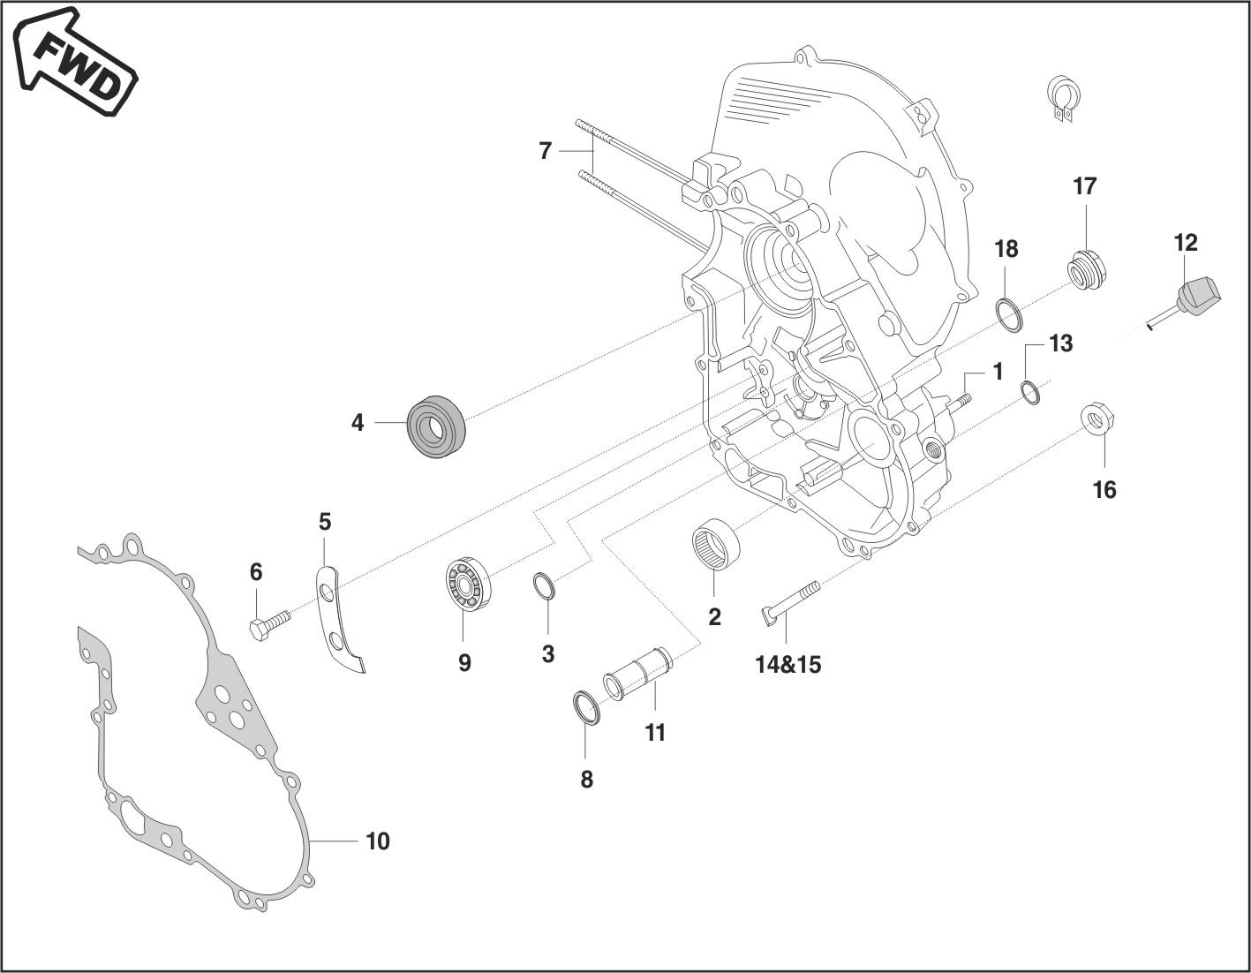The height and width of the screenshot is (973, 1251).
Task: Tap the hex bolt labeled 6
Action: pyautogui.click(x=269, y=626)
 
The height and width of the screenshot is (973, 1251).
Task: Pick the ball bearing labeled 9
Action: pyautogui.click(x=467, y=585)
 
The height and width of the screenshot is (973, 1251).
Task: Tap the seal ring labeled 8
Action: pyautogui.click(x=586, y=708)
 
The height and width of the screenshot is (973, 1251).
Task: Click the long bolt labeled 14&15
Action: pyautogui.click(x=791, y=601)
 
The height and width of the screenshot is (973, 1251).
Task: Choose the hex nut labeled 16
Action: pyautogui.click(x=1098, y=418)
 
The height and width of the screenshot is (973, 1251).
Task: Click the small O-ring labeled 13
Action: pyautogui.click(x=1030, y=391)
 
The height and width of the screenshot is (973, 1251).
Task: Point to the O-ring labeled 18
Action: pyautogui.click(x=1008, y=314)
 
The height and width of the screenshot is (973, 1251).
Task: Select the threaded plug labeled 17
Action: pyautogui.click(x=1087, y=267)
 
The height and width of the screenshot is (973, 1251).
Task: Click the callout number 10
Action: pyautogui.click(x=377, y=841)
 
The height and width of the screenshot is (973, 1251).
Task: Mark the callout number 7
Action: pyautogui.click(x=545, y=152)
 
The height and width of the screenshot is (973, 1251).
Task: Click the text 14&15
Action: pyautogui.click(x=788, y=664)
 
